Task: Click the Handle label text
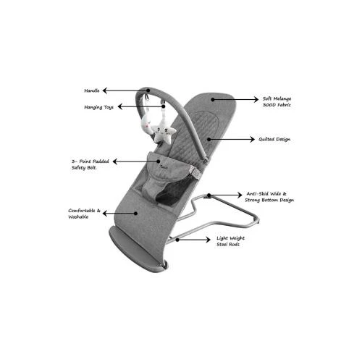(x=92, y=90)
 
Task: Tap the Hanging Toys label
(x=98, y=107)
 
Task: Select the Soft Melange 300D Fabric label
(x=277, y=101)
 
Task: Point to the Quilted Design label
(x=274, y=139)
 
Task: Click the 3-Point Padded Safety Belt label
(x=90, y=164)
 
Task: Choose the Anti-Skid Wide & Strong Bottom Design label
(x=269, y=197)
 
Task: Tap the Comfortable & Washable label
(x=84, y=214)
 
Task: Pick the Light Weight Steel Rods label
(x=230, y=241)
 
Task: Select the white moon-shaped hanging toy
(x=147, y=125)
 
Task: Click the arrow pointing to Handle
(x=126, y=90)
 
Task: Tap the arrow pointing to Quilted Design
(x=231, y=139)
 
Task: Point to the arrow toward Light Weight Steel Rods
(x=193, y=240)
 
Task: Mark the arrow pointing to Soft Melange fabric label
(x=235, y=99)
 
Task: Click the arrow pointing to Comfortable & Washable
(x=120, y=214)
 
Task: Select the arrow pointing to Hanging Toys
(x=141, y=106)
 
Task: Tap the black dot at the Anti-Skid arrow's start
(x=209, y=195)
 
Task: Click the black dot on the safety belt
(x=159, y=161)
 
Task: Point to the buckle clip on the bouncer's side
(x=195, y=173)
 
